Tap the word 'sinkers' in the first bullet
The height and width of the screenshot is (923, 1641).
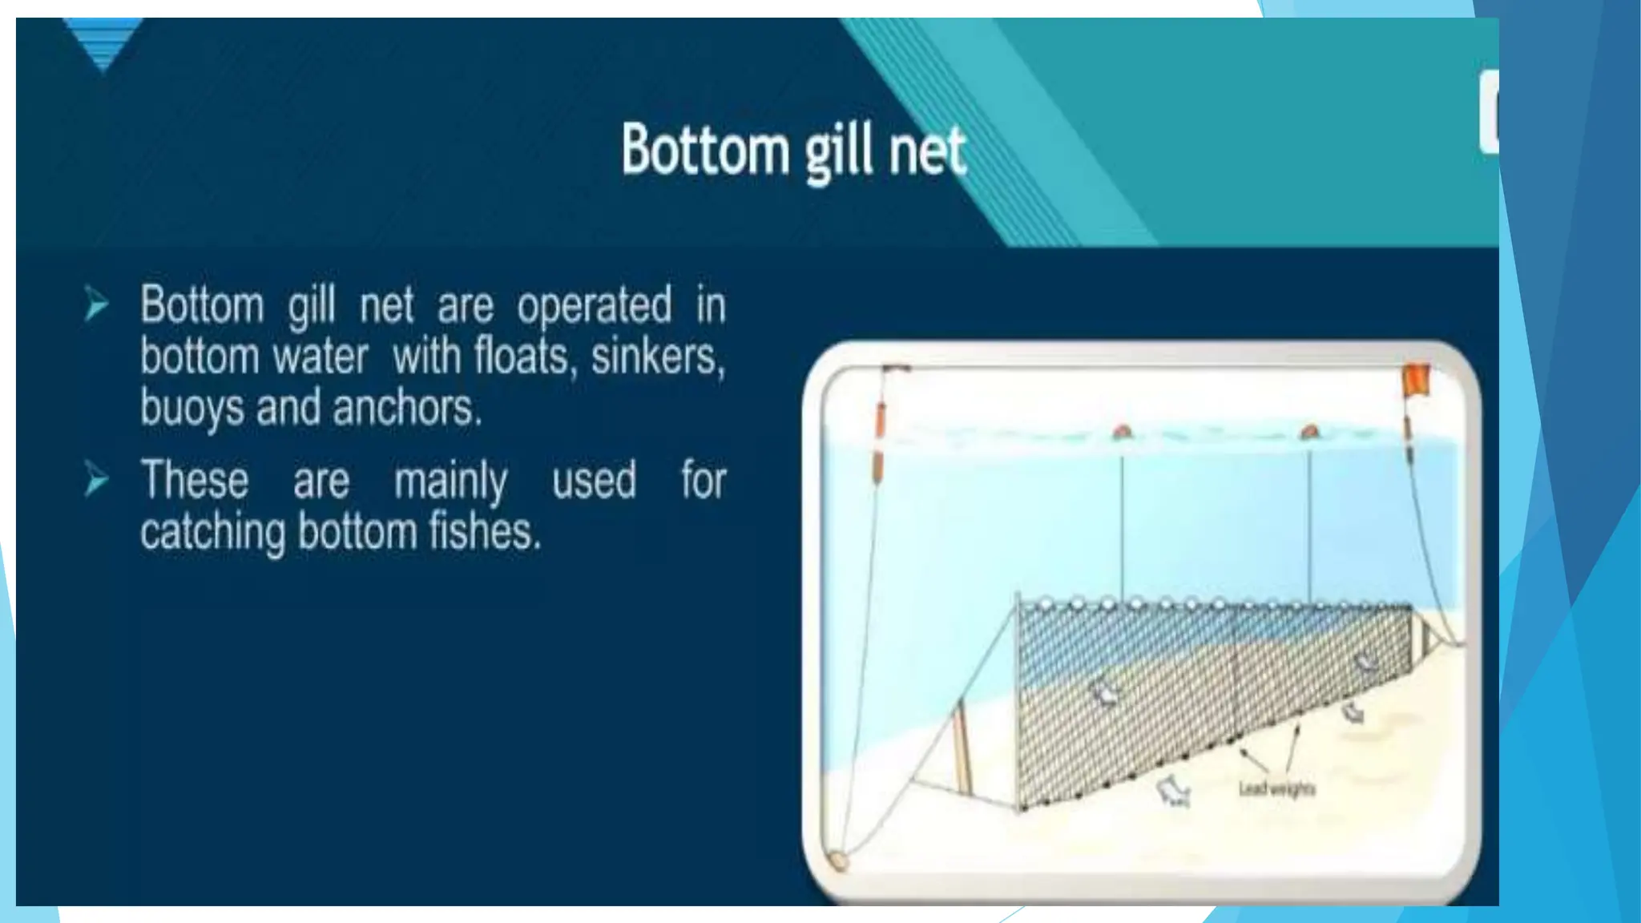(x=657, y=357)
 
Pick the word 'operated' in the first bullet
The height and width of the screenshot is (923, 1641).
(x=594, y=305)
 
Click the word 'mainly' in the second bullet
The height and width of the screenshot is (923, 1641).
(x=450, y=482)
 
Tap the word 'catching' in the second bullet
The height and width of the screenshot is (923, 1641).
(x=212, y=533)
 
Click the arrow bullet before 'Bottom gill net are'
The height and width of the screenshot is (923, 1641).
(x=96, y=305)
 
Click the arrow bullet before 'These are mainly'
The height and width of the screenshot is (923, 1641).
(x=96, y=480)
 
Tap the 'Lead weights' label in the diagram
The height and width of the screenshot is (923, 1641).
(x=1276, y=789)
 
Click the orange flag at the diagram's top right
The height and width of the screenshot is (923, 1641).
(x=1416, y=380)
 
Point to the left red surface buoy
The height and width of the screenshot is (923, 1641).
(x=1122, y=433)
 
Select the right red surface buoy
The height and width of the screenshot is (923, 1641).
(x=1309, y=433)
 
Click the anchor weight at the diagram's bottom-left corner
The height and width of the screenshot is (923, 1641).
(x=837, y=860)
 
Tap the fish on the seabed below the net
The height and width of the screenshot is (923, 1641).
(x=1173, y=792)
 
